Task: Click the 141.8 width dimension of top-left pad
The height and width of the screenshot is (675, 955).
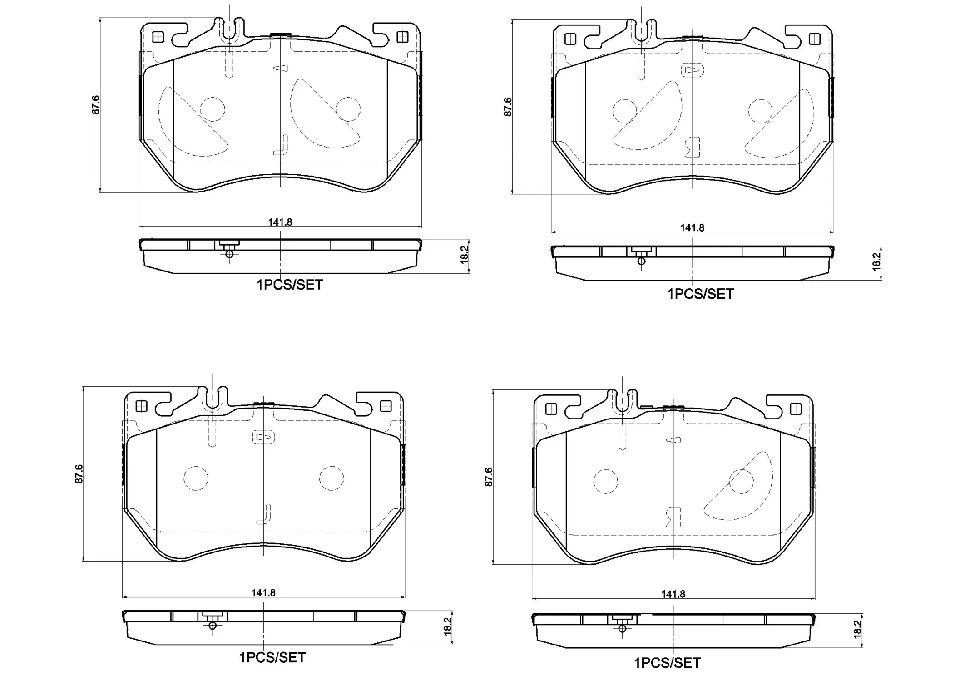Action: tap(280, 222)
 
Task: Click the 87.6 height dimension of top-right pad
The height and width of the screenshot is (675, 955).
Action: tap(508, 107)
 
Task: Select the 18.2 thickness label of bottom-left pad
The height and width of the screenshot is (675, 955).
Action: tap(447, 626)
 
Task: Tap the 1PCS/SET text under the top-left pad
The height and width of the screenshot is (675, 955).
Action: tap(290, 285)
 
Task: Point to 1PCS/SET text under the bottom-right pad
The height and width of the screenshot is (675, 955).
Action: tap(667, 663)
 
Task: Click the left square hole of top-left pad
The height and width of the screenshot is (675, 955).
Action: tap(158, 37)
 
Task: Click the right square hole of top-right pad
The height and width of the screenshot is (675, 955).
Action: tap(815, 39)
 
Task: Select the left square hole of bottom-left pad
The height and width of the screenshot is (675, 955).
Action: tap(141, 406)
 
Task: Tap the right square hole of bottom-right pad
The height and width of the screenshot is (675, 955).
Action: tap(796, 409)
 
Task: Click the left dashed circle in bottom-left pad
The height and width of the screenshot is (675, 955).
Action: tap(196, 478)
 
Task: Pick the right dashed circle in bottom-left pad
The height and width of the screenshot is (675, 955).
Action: tap(332, 478)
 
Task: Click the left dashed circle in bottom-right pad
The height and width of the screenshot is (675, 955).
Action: tap(605, 481)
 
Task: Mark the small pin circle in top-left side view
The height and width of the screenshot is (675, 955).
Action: tap(229, 254)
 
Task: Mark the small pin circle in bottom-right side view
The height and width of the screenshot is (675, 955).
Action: tap(622, 629)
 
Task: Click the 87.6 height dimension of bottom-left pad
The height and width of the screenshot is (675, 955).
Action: tap(79, 473)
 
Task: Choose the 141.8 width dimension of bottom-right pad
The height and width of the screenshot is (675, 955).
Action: tap(673, 594)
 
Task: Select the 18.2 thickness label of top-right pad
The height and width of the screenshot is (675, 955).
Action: tap(876, 261)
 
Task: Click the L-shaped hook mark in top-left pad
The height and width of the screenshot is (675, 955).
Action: tap(282, 145)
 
